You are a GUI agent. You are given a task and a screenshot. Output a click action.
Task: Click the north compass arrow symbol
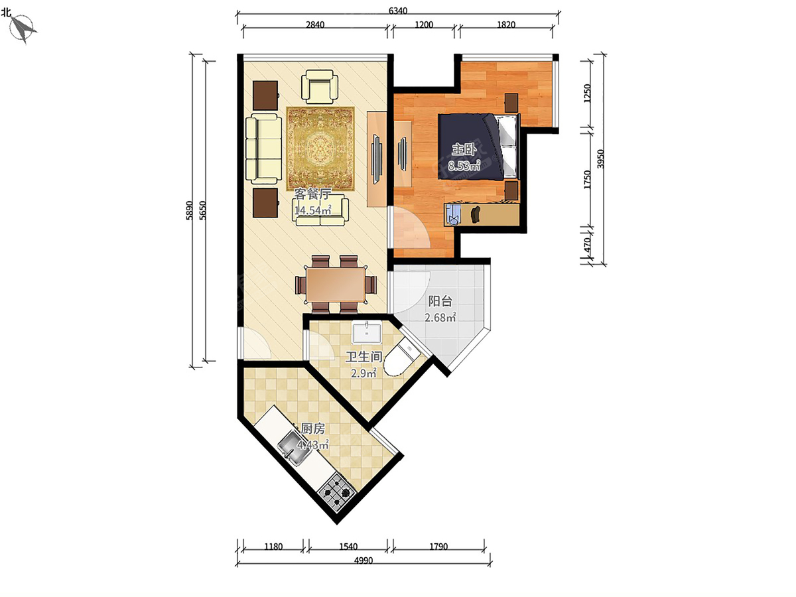[x=23, y=28]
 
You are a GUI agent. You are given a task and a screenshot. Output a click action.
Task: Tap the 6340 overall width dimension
[x=398, y=11]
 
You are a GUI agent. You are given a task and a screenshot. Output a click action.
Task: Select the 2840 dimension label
[x=315, y=25]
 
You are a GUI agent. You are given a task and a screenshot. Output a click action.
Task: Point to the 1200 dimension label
[x=424, y=25]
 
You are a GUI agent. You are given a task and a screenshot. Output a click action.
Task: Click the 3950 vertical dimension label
[x=600, y=159]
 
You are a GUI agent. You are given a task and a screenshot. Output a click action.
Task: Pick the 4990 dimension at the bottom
[x=364, y=561]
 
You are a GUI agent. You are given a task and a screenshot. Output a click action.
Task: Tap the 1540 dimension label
[x=348, y=546]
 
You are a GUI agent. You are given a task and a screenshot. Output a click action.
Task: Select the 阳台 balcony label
[x=440, y=301]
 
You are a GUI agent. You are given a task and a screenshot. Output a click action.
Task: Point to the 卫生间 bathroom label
[x=364, y=357]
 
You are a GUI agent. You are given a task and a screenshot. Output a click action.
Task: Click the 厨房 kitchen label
[x=312, y=429]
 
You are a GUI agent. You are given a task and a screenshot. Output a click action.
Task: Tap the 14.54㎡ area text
[x=312, y=210]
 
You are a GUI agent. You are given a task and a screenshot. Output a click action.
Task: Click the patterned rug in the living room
[x=320, y=149]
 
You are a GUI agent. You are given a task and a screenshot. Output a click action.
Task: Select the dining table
[x=336, y=284]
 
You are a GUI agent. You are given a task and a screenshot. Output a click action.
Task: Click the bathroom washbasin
[x=367, y=333]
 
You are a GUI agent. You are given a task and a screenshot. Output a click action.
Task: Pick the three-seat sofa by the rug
[x=263, y=149]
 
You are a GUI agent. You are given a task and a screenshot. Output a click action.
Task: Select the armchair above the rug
[x=320, y=87]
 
